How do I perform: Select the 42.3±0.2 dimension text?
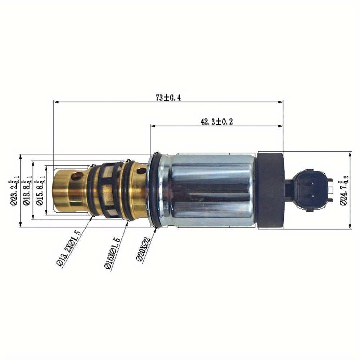pos(216,122)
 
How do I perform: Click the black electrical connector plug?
pos(310,190)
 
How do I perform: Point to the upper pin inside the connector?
pos(312,183)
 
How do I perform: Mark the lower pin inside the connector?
pos(312,196)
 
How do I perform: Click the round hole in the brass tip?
pos(77,176)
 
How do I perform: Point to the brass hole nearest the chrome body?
pos(141,171)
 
